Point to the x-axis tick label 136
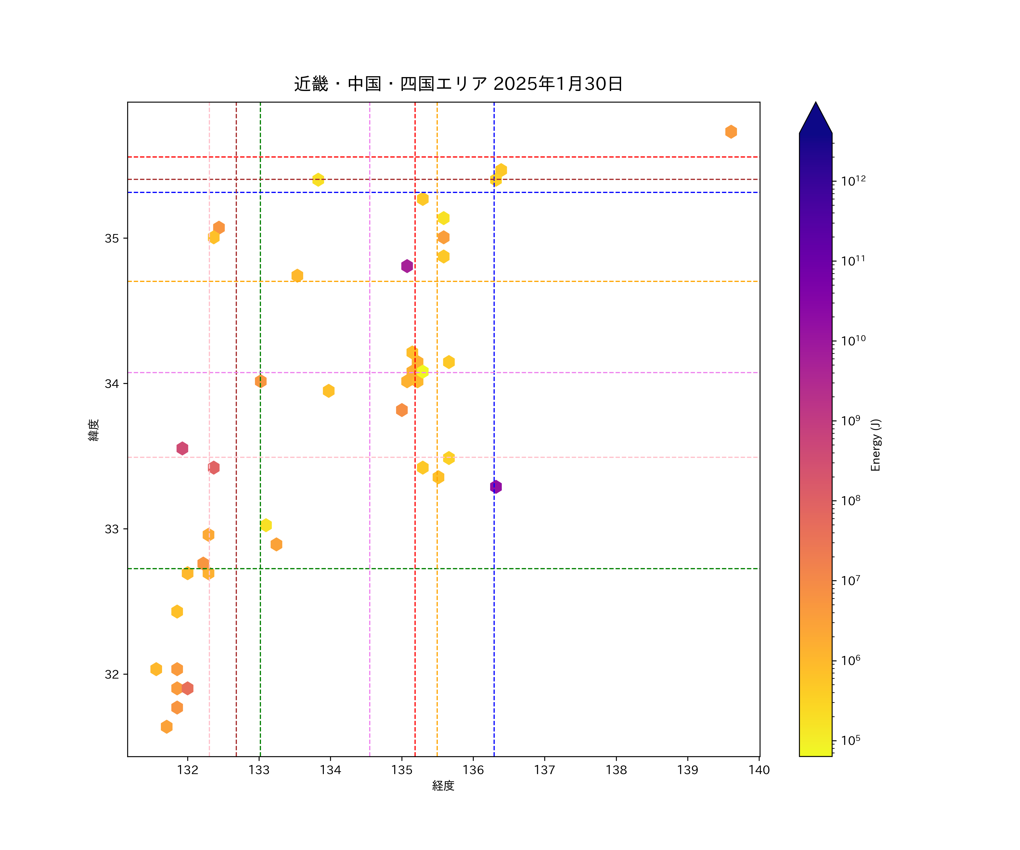point(473,770)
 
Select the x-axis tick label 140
point(759,770)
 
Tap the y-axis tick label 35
point(112,239)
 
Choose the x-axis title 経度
point(443,786)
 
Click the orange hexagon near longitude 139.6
point(731,132)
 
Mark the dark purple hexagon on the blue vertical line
point(496,487)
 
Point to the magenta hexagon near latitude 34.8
point(407,266)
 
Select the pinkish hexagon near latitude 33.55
point(182,448)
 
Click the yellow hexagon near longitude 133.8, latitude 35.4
point(318,180)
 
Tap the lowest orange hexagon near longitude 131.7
point(167,727)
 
